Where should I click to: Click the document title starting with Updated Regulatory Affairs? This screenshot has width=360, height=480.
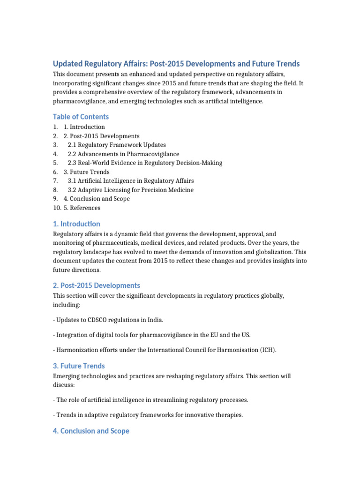[176, 64]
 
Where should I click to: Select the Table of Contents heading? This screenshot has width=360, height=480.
[81, 117]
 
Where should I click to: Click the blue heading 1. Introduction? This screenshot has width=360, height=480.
[76, 224]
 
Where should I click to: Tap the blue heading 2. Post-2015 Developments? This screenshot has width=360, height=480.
[97, 285]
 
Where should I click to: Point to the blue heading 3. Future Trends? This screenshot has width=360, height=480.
[79, 366]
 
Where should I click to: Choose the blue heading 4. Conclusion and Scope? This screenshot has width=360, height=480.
[91, 431]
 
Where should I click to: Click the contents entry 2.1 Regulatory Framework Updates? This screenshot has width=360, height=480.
[117, 145]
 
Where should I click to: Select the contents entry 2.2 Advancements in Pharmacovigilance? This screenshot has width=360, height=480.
[123, 154]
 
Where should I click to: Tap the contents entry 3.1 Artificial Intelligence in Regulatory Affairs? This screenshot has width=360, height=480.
[131, 180]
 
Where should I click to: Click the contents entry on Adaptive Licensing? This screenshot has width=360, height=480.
[130, 190]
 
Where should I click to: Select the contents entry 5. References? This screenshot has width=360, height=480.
[82, 208]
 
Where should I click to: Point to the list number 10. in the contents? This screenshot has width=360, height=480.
[57, 208]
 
